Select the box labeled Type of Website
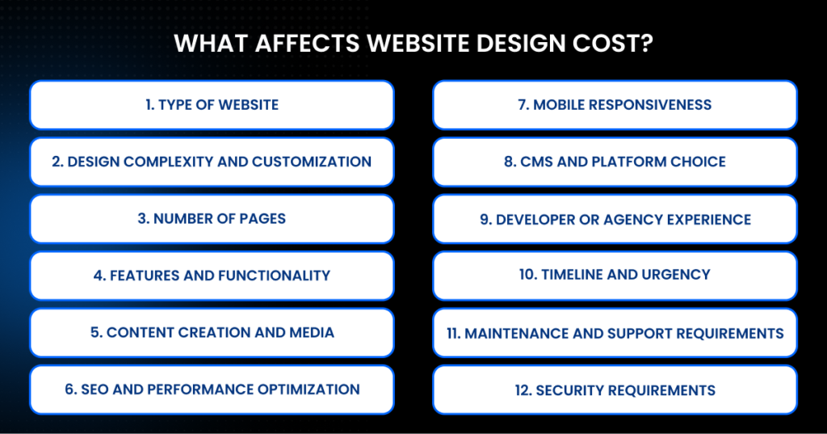pos(212,104)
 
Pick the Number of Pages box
pos(212,219)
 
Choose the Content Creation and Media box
pos(212,332)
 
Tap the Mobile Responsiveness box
pos(615,104)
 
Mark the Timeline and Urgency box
pos(615,275)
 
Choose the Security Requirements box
pos(615,390)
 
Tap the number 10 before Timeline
pos(527,275)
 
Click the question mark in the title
pos(647,43)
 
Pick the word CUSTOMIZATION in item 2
pos(312,162)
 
